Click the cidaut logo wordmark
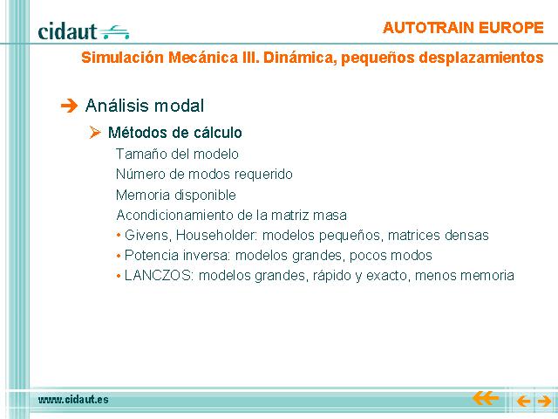click(67, 31)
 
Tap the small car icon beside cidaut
click(114, 32)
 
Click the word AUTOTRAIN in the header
click(428, 28)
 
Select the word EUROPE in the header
click(511, 28)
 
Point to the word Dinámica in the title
click(300, 58)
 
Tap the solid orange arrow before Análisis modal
click(69, 106)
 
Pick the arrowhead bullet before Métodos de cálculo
click(95, 133)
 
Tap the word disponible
click(206, 195)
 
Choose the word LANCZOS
click(159, 276)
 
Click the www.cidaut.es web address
click(73, 400)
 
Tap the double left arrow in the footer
click(486, 398)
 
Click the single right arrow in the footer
click(544, 402)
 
